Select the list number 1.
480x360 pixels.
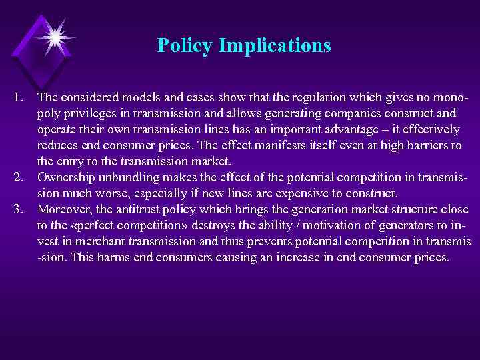point(18,98)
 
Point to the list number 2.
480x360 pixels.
point(18,177)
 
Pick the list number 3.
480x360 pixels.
point(18,209)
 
